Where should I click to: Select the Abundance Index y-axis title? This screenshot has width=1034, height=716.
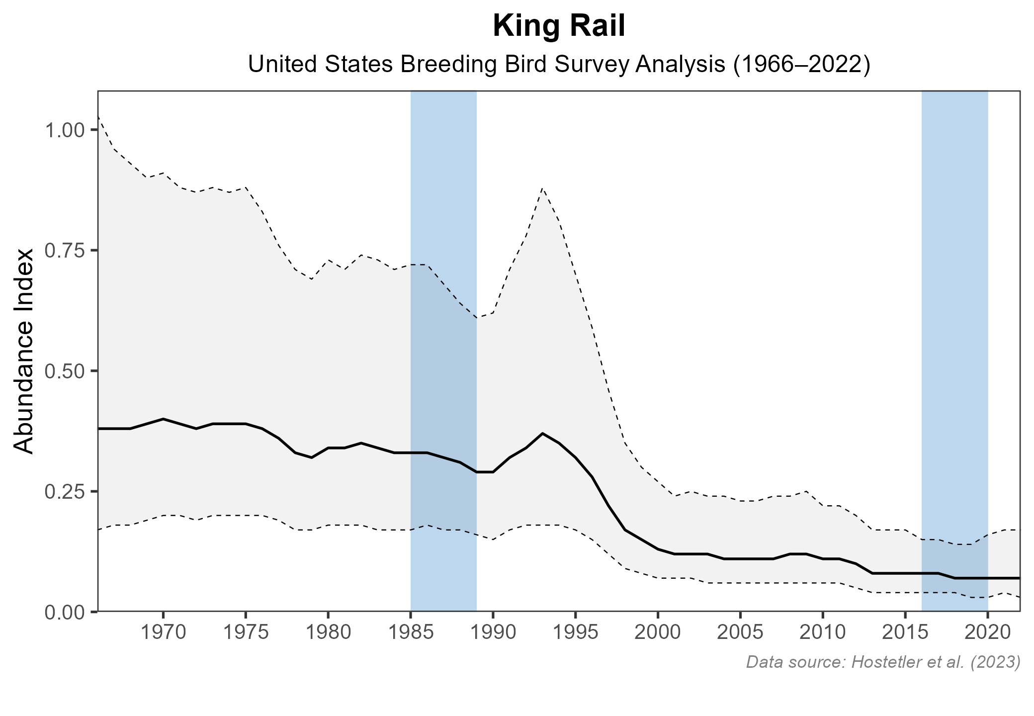pos(24,351)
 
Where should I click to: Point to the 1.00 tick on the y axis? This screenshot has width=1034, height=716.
pos(65,131)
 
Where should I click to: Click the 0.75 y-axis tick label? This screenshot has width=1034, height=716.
pos(65,251)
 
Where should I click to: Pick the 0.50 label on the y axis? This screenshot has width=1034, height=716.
pos(65,371)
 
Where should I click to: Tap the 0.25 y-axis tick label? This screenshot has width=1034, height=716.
pos(65,492)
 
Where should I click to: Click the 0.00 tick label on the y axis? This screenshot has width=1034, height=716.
pos(65,612)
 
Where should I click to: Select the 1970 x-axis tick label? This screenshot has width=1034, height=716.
pos(163,633)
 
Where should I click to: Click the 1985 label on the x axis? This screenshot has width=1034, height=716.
pos(411,633)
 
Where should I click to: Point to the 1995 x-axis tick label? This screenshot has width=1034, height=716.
pos(575,633)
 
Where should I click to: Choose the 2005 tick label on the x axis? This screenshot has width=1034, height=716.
pos(740,633)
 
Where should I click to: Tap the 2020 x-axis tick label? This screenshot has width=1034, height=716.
pos(987,633)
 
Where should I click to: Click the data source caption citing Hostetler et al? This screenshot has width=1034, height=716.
pos(883,662)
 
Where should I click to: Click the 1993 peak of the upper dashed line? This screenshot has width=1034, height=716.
pos(543,188)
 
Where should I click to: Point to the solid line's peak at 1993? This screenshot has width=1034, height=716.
pos(543,434)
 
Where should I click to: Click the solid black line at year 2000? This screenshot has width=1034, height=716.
pos(658,549)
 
